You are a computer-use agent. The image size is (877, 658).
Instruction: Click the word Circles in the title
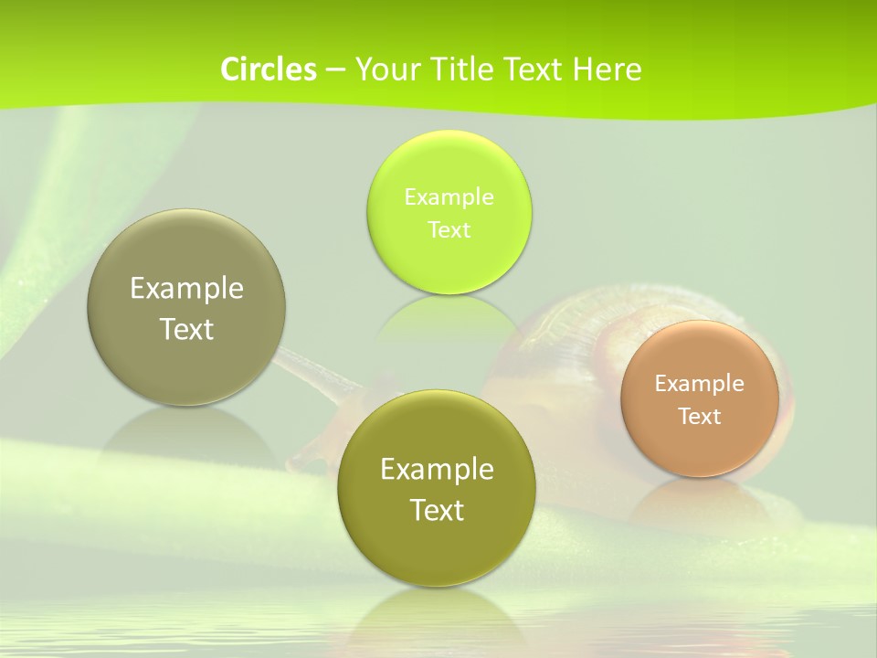click(x=268, y=69)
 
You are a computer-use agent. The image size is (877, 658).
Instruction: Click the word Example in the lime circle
click(x=449, y=196)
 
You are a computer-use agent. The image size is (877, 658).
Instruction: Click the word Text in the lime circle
click(x=449, y=229)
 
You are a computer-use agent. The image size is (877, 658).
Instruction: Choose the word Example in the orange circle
click(x=699, y=383)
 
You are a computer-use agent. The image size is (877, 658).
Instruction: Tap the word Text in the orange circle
click(x=699, y=416)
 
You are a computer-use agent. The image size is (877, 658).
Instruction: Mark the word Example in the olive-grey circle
click(x=186, y=288)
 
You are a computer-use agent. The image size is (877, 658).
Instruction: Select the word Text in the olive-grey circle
click(x=186, y=329)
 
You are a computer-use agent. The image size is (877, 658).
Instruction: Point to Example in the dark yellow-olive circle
click(x=437, y=469)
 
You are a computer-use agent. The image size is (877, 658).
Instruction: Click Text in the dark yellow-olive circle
click(x=437, y=510)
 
